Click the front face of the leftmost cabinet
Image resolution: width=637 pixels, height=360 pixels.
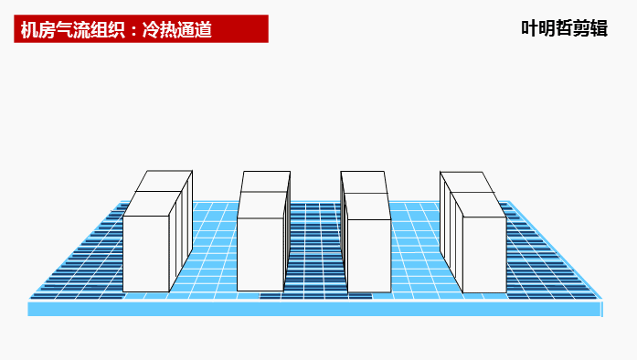tap(146, 253)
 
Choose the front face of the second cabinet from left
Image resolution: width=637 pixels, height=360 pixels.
tap(260, 254)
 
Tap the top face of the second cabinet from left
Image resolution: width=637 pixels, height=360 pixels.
tap(265, 182)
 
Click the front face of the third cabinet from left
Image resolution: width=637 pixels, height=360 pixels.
tap(368, 255)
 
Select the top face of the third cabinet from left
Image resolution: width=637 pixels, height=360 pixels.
tap(365, 182)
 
